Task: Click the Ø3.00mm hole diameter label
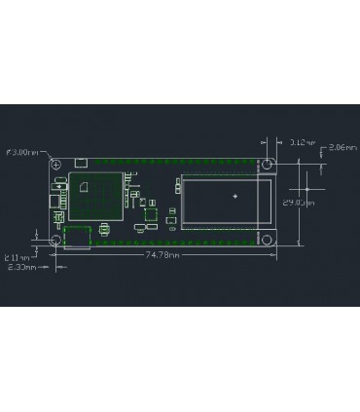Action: coord(24,152)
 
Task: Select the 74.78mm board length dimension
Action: coord(162,254)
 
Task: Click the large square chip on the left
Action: coord(93,196)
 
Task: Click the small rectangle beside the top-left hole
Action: coord(82,163)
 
